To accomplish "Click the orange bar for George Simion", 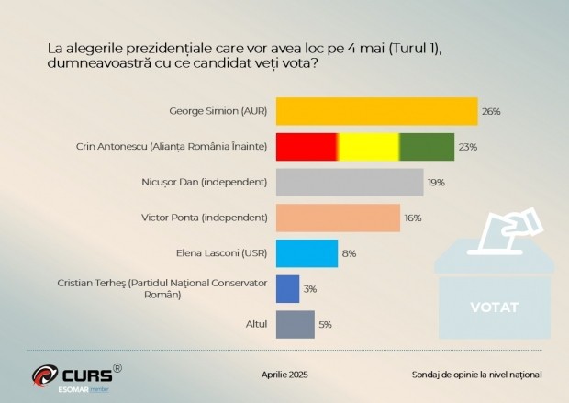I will tap(376, 111).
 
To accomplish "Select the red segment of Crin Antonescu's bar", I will tap(306, 147).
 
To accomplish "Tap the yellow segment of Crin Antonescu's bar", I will tap(368, 147).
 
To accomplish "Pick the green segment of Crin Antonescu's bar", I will tap(427, 147).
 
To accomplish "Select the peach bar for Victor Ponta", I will tap(338, 218).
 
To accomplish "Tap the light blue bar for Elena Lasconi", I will tap(307, 253).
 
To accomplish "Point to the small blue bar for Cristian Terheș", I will tap(287, 289).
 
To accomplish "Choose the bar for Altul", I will tap(295, 324).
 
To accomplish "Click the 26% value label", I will tap(491, 111).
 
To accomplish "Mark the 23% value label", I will tap(467, 147).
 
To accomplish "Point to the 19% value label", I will tap(436, 182).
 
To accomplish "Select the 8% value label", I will tap(349, 253).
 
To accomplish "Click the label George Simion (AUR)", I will tap(218, 111).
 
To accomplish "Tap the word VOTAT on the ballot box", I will tap(495, 306).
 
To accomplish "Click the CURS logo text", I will tap(86, 375).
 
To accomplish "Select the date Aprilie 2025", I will tap(285, 375).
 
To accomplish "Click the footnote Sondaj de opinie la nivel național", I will tap(476, 375).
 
